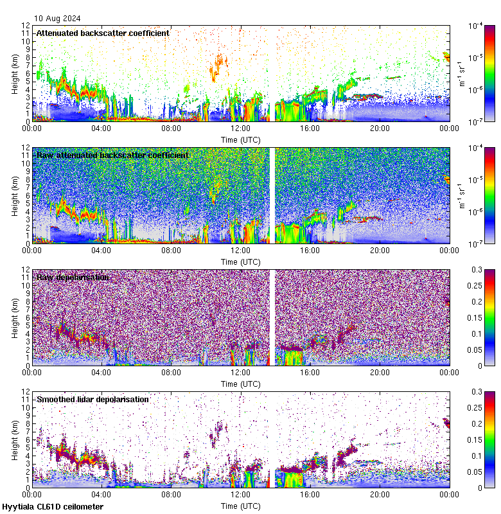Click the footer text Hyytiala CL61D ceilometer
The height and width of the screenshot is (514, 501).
point(53,506)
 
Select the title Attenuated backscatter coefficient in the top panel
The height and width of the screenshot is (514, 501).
point(103,33)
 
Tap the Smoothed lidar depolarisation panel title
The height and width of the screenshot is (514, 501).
point(92,399)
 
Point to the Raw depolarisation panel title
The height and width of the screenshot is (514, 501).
point(73,277)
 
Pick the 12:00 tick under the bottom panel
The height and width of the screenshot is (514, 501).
point(241,495)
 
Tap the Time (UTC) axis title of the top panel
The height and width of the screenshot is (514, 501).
point(241,139)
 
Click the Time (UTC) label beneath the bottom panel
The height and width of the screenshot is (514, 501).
point(241,506)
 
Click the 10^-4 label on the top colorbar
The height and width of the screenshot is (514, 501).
point(477,26)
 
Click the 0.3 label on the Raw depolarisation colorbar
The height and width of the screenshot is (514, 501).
point(475,270)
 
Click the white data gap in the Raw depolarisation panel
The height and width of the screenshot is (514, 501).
point(272,317)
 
